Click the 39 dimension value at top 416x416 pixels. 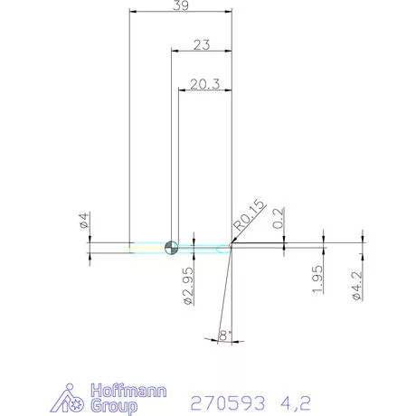[x=181, y=6]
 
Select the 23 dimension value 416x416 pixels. [x=202, y=44]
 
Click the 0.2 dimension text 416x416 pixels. [x=279, y=219]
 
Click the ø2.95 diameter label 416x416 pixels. [x=188, y=286]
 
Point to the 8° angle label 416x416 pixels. [x=225, y=336]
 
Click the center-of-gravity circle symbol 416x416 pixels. [x=172, y=247]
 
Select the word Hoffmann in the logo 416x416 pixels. [x=129, y=392]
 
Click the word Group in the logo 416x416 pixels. [x=115, y=407]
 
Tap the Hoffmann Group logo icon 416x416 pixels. [x=74, y=399]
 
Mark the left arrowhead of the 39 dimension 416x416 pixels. [x=134, y=12]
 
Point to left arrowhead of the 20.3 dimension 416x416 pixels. [x=183, y=90]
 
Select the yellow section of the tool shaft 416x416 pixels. [x=145, y=247]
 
